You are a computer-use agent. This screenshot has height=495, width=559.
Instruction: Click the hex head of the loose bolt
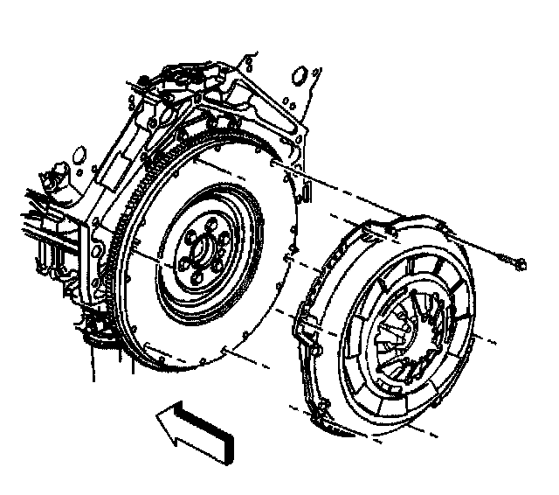click(x=521, y=261)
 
